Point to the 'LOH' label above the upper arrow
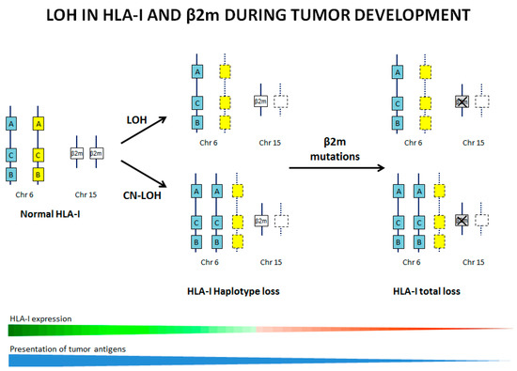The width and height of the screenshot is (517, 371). click(x=135, y=118)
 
